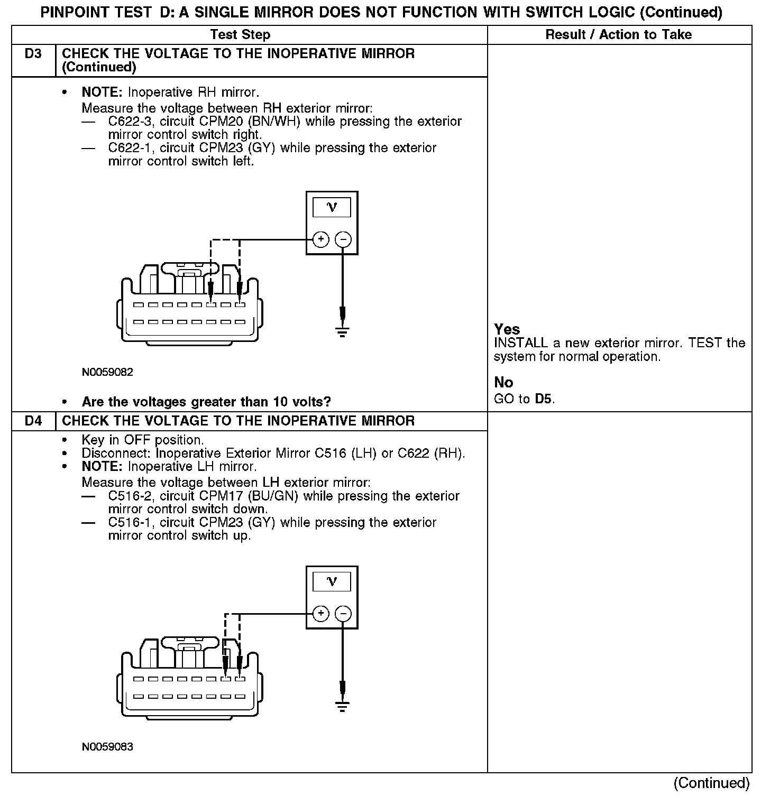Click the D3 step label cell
pyautogui.click(x=33, y=54)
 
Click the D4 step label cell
pyautogui.click(x=33, y=421)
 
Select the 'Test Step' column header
pyautogui.click(x=240, y=35)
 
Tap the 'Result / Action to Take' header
pyautogui.click(x=618, y=35)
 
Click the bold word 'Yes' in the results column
pyautogui.click(x=507, y=329)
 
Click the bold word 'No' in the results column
pyautogui.click(x=503, y=382)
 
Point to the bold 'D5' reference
pyautogui.click(x=544, y=399)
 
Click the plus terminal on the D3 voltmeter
pyautogui.click(x=321, y=239)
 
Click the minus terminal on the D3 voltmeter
pyautogui.click(x=343, y=239)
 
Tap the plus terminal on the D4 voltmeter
pyautogui.click(x=321, y=614)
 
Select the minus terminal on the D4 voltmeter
pyautogui.click(x=343, y=614)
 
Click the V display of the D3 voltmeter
pyautogui.click(x=332, y=207)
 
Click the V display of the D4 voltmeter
pyautogui.click(x=332, y=582)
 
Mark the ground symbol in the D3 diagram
pyautogui.click(x=343, y=332)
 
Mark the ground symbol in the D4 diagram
pyautogui.click(x=343, y=706)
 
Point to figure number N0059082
pyautogui.click(x=107, y=372)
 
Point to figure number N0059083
pyautogui.click(x=107, y=747)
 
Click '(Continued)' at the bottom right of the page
pyautogui.click(x=712, y=783)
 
